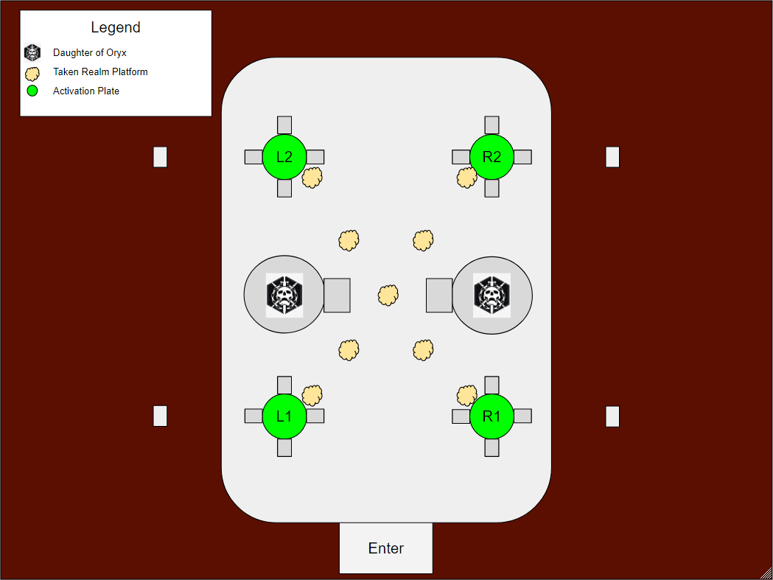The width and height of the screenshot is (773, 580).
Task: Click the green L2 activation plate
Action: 284,157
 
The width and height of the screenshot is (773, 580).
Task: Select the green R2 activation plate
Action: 492,157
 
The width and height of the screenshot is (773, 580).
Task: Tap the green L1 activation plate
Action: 284,416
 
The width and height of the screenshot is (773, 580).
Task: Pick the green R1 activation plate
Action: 492,416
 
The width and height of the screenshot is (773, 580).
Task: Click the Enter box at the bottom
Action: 385,548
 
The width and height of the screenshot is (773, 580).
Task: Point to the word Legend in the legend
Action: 116,28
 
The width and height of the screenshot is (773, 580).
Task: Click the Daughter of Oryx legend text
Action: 90,53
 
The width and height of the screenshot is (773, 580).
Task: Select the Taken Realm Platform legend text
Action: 100,72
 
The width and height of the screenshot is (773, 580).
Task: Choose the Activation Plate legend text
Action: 86,91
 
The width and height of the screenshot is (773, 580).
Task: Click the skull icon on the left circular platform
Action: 284,295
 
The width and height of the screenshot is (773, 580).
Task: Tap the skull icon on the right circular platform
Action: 492,295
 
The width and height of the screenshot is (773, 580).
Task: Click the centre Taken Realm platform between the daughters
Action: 388,296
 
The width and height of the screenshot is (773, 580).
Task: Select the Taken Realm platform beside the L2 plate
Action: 312,177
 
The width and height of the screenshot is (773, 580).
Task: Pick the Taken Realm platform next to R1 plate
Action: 466,395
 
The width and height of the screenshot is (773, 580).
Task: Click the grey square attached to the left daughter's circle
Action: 337,295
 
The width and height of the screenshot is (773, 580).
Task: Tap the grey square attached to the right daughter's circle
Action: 439,295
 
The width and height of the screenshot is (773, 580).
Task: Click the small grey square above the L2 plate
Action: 284,125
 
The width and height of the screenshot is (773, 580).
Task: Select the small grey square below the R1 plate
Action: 492,447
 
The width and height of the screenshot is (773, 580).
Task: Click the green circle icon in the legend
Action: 32,91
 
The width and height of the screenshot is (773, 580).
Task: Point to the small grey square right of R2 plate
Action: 522,157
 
